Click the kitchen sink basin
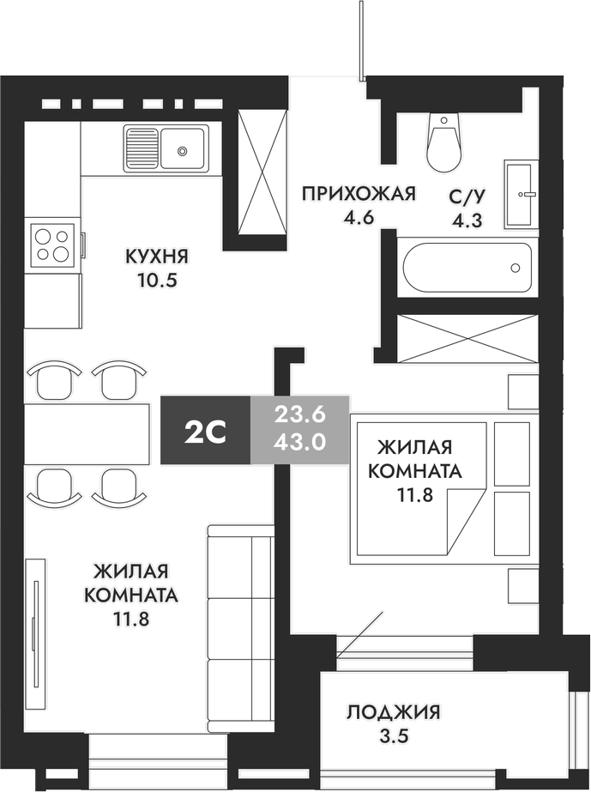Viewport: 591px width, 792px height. pos(182,149)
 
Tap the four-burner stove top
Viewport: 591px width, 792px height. pos(51,243)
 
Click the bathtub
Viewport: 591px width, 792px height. pos(467,268)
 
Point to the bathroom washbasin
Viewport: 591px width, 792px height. pos(521,194)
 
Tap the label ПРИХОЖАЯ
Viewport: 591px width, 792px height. pos(358,194)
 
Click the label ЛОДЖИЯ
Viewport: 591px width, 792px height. pos(394,711)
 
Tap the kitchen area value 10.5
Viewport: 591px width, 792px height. pos(156,280)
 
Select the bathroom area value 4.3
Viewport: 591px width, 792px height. pos(467,219)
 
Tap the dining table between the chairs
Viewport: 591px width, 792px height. pos(85,433)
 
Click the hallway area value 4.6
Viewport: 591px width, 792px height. pos(358,217)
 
